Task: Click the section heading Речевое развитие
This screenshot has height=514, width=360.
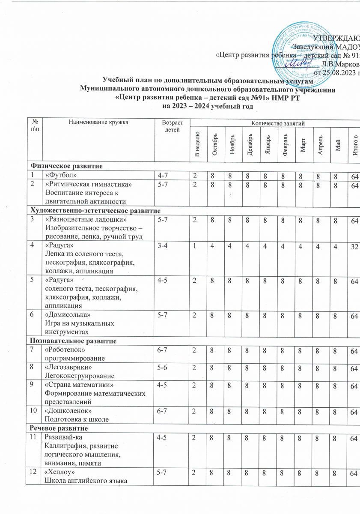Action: [58, 428]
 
